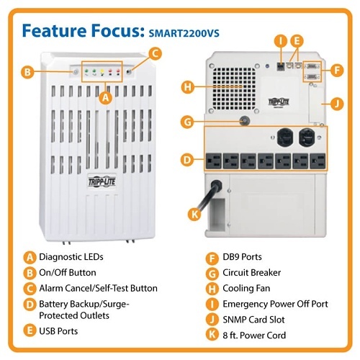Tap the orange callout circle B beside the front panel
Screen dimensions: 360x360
point(28,72)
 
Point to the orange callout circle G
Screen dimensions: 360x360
point(186,122)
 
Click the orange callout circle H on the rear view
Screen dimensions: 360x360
point(186,87)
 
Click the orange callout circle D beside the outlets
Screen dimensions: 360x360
point(186,158)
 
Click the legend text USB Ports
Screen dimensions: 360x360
point(58,331)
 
